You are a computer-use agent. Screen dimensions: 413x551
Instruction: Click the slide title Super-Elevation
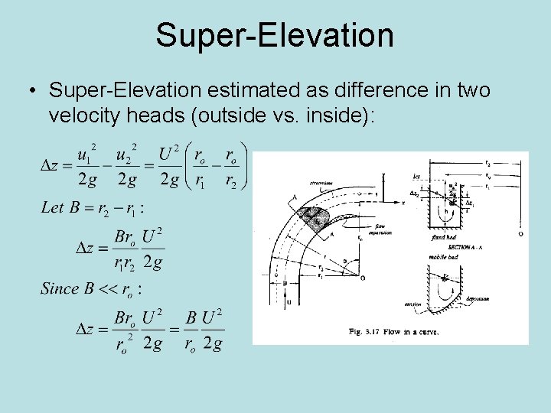(275, 35)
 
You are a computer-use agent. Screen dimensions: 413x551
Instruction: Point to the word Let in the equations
(52, 207)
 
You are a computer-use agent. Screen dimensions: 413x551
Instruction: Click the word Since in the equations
(59, 288)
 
